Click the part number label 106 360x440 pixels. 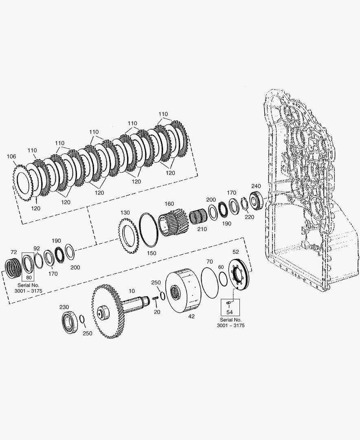(11, 156)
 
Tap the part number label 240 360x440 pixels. (256, 186)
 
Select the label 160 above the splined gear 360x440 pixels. (169, 204)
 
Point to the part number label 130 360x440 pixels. (125, 212)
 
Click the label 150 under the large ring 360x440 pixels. (151, 253)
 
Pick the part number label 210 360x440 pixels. (202, 229)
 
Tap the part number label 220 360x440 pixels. (250, 217)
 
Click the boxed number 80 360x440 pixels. (29, 278)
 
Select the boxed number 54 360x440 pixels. (230, 312)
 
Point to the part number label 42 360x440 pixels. (191, 316)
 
